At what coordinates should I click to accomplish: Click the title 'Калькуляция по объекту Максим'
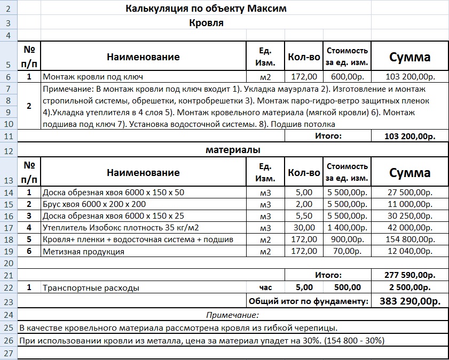coord(206,9)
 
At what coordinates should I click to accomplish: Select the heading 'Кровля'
coord(206,23)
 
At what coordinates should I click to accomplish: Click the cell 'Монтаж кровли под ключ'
coord(93,77)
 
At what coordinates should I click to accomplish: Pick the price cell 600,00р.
coord(347,77)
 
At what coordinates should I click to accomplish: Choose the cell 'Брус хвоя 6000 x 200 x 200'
coord(94,204)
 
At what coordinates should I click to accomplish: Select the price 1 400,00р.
coord(347,228)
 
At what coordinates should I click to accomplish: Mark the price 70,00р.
coord(347,252)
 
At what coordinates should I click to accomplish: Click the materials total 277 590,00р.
coord(409,275)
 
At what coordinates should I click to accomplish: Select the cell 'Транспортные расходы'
coord(91,288)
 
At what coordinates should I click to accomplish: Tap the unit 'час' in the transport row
coord(265,287)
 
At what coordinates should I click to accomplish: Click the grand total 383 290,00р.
coord(409,301)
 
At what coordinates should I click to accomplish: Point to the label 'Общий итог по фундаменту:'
coord(309,301)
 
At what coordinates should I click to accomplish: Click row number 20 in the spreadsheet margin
coord(9,263)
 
